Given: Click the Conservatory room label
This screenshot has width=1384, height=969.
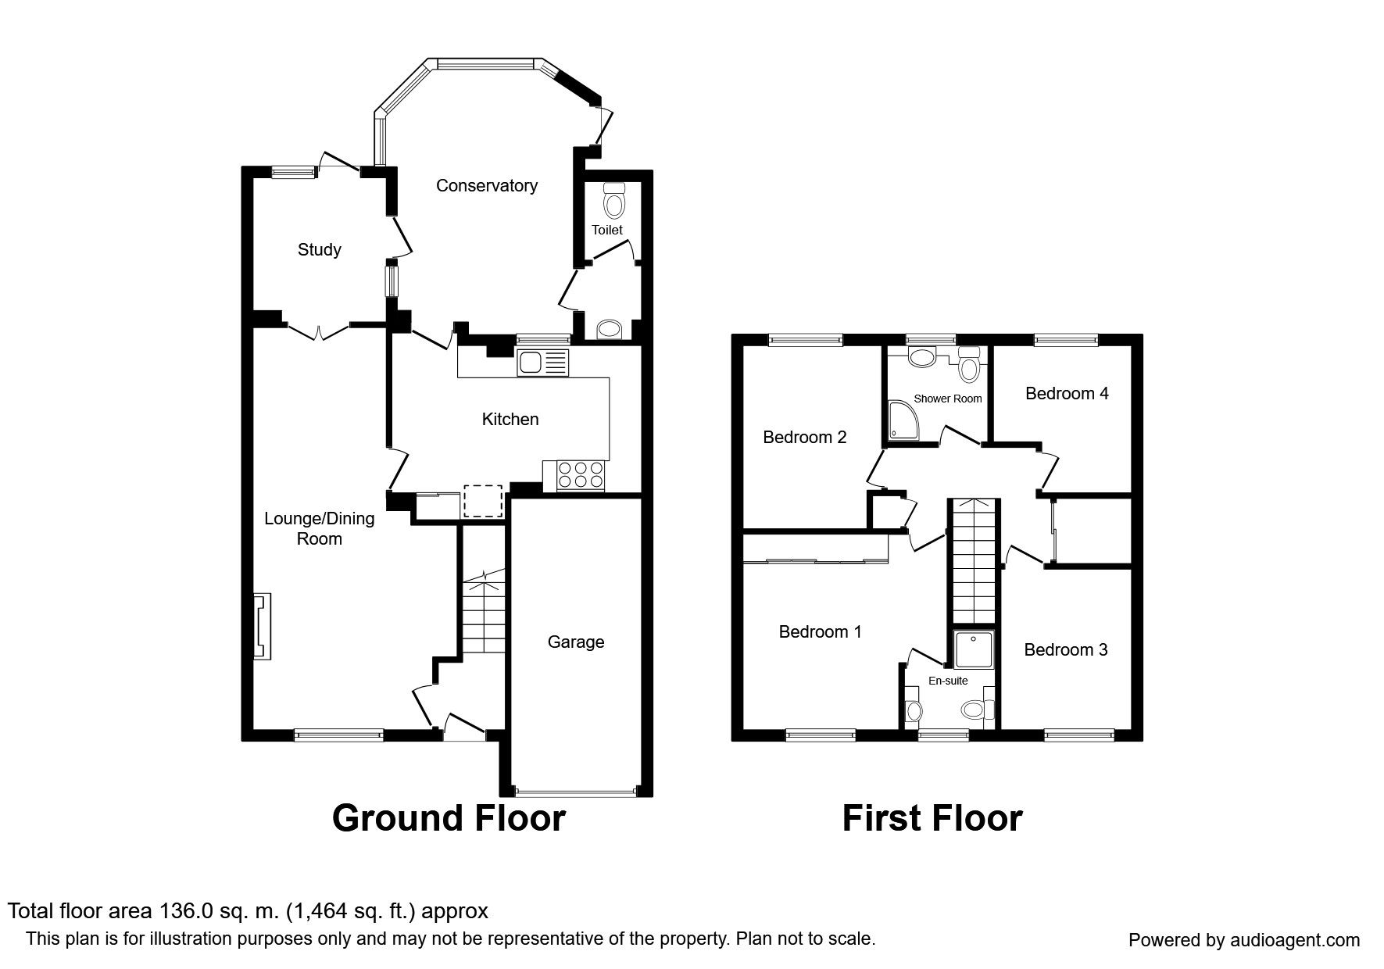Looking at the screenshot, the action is (x=487, y=186).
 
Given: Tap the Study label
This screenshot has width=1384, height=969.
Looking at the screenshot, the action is (x=320, y=250).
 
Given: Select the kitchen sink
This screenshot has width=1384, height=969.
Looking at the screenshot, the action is (x=543, y=363).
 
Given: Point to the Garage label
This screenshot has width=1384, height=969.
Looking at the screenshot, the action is (x=576, y=642).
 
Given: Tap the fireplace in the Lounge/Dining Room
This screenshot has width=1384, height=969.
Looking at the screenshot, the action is (x=263, y=627).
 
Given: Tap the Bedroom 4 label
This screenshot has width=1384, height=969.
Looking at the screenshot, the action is (x=1067, y=394).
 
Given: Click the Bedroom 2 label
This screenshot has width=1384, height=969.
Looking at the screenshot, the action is (x=805, y=438).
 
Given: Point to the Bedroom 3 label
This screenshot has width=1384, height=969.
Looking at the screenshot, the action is (x=1066, y=650).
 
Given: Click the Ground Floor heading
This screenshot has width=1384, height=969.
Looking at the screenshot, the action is (x=449, y=819).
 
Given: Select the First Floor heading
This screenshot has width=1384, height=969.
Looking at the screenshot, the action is (x=932, y=819).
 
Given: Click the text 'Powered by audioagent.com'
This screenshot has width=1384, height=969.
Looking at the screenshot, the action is (x=1244, y=940).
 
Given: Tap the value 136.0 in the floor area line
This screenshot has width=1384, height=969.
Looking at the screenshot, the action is (x=184, y=911).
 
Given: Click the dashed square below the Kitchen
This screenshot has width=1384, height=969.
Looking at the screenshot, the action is (x=483, y=501).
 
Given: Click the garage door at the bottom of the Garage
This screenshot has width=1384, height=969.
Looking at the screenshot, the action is (x=577, y=793).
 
